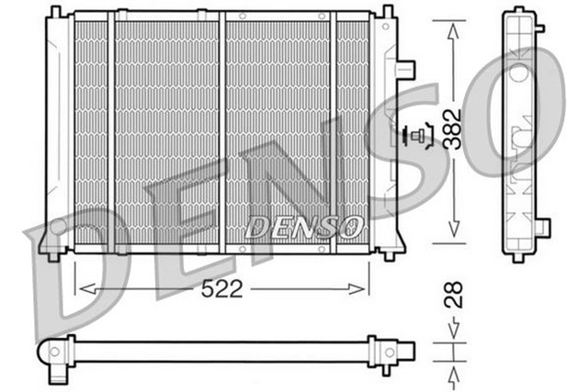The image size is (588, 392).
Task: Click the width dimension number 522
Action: pyautogui.click(x=222, y=289)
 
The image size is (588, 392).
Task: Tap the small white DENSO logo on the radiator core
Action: pyautogui.click(x=302, y=224)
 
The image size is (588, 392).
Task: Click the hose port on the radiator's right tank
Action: pyautogui.click(x=405, y=69)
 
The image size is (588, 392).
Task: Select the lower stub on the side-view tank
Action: pyautogui.click(x=542, y=226)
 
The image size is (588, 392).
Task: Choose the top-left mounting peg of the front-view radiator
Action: pyautogui.click(x=56, y=12)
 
